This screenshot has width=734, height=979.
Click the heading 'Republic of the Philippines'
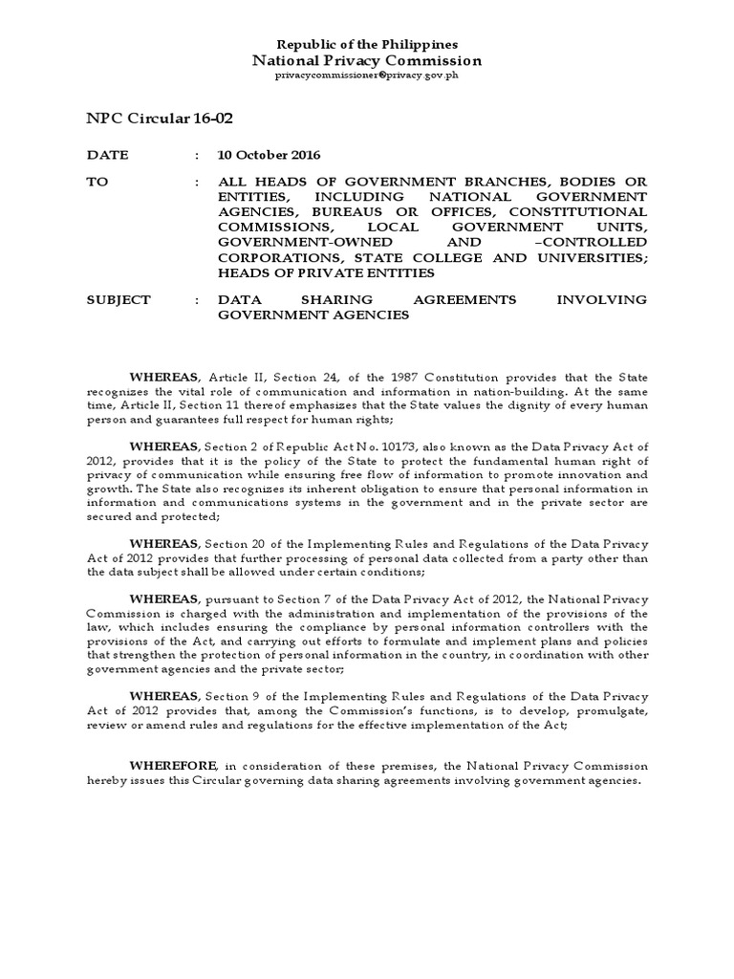[x=367, y=45]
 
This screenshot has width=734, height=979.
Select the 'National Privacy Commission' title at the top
[x=367, y=61]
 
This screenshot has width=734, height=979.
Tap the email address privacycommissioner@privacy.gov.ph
[x=367, y=76]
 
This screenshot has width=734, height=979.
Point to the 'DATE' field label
[x=107, y=155]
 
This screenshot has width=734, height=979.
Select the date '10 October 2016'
[x=270, y=155]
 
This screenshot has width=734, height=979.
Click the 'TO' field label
[x=97, y=182]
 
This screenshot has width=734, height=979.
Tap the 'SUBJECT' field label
[x=119, y=299]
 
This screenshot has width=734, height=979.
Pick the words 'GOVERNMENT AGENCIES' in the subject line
[x=313, y=315]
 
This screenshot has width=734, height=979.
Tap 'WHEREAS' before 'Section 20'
[x=162, y=544]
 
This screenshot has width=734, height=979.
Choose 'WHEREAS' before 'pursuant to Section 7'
[x=162, y=599]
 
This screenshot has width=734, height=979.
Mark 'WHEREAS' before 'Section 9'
[x=162, y=697]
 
